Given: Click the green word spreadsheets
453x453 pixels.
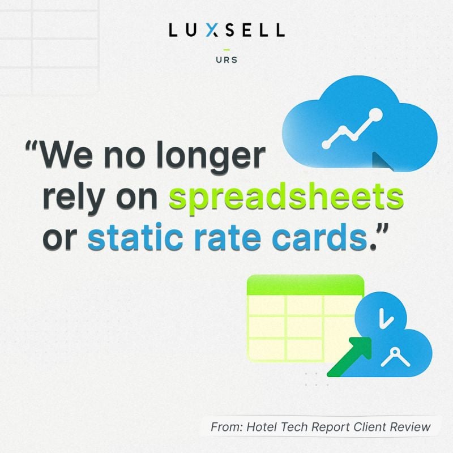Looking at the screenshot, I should pyautogui.click(x=287, y=200).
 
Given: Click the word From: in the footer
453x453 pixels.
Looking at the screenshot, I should pyautogui.click(x=227, y=426).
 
